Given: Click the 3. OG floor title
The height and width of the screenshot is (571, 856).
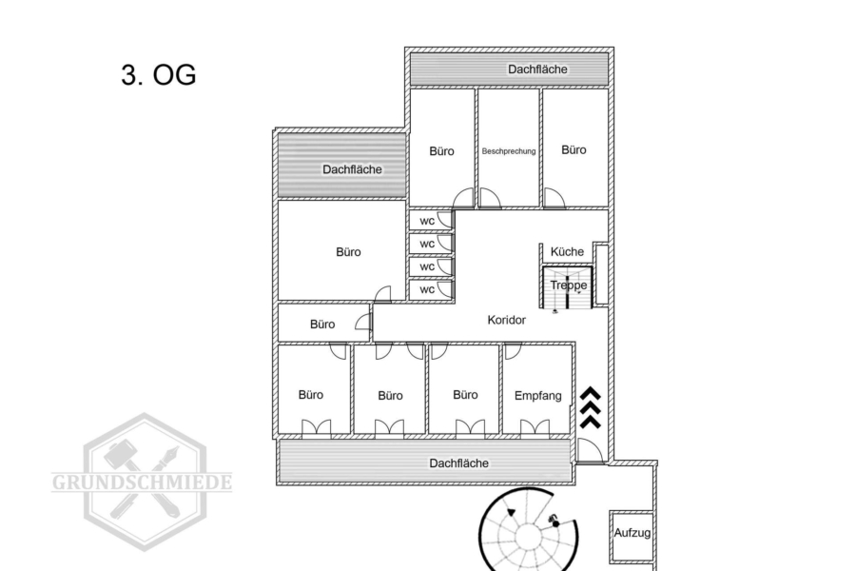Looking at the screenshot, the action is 158,75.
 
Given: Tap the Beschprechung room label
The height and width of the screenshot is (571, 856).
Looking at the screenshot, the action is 509,151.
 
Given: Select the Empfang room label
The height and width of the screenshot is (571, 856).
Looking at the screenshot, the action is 537,396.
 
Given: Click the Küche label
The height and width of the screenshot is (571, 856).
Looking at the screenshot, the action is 567,252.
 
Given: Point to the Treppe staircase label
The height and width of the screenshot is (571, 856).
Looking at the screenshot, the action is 569,285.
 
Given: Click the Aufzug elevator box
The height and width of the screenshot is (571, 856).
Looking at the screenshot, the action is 632,536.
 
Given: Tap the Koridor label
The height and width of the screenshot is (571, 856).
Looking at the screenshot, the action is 507,320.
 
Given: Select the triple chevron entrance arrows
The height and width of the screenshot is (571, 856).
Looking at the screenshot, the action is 590,407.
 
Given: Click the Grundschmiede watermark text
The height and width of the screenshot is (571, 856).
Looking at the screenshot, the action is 142,482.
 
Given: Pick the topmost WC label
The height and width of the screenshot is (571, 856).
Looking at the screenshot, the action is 427,222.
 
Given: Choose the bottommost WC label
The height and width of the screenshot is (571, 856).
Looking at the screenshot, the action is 427,289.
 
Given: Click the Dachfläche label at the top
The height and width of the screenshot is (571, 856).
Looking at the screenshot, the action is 537,69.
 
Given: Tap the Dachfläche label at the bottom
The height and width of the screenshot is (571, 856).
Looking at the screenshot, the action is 459,463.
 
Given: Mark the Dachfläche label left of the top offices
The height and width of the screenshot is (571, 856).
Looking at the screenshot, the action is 352,169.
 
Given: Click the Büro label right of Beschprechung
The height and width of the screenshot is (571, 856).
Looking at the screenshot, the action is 574,149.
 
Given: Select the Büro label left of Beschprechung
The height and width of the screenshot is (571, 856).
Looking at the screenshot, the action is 441,151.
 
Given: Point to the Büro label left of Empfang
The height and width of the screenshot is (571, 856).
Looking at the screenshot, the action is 465,395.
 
